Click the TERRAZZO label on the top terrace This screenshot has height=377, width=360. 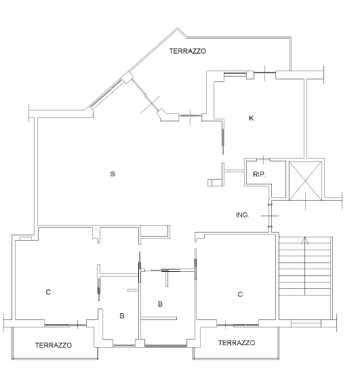[x=188, y=52]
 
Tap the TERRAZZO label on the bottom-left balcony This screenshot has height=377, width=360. [x=54, y=345]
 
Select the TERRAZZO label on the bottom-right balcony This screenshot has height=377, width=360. [x=237, y=343]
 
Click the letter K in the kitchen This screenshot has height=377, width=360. [x=252, y=118]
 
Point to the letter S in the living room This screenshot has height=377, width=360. [x=113, y=174]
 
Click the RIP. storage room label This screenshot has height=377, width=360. [x=259, y=174]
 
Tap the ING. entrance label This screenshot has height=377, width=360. [x=243, y=215]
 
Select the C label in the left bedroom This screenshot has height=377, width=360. [x=48, y=292]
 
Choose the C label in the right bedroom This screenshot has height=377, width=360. [x=240, y=294]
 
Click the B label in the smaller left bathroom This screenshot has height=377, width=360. [x=122, y=316]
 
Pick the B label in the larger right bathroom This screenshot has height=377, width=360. [x=160, y=304]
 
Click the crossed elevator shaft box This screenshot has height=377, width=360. [x=305, y=181]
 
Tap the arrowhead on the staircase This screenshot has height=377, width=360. [x=305, y=240]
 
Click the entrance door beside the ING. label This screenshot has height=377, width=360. [x=270, y=216]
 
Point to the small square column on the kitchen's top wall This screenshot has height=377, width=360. [x=250, y=75]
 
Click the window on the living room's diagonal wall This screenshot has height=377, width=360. [x=106, y=93]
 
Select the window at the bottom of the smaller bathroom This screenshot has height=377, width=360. [x=124, y=346]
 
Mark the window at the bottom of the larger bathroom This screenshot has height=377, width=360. [x=165, y=346]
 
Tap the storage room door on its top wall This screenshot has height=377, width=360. [x=264, y=159]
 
